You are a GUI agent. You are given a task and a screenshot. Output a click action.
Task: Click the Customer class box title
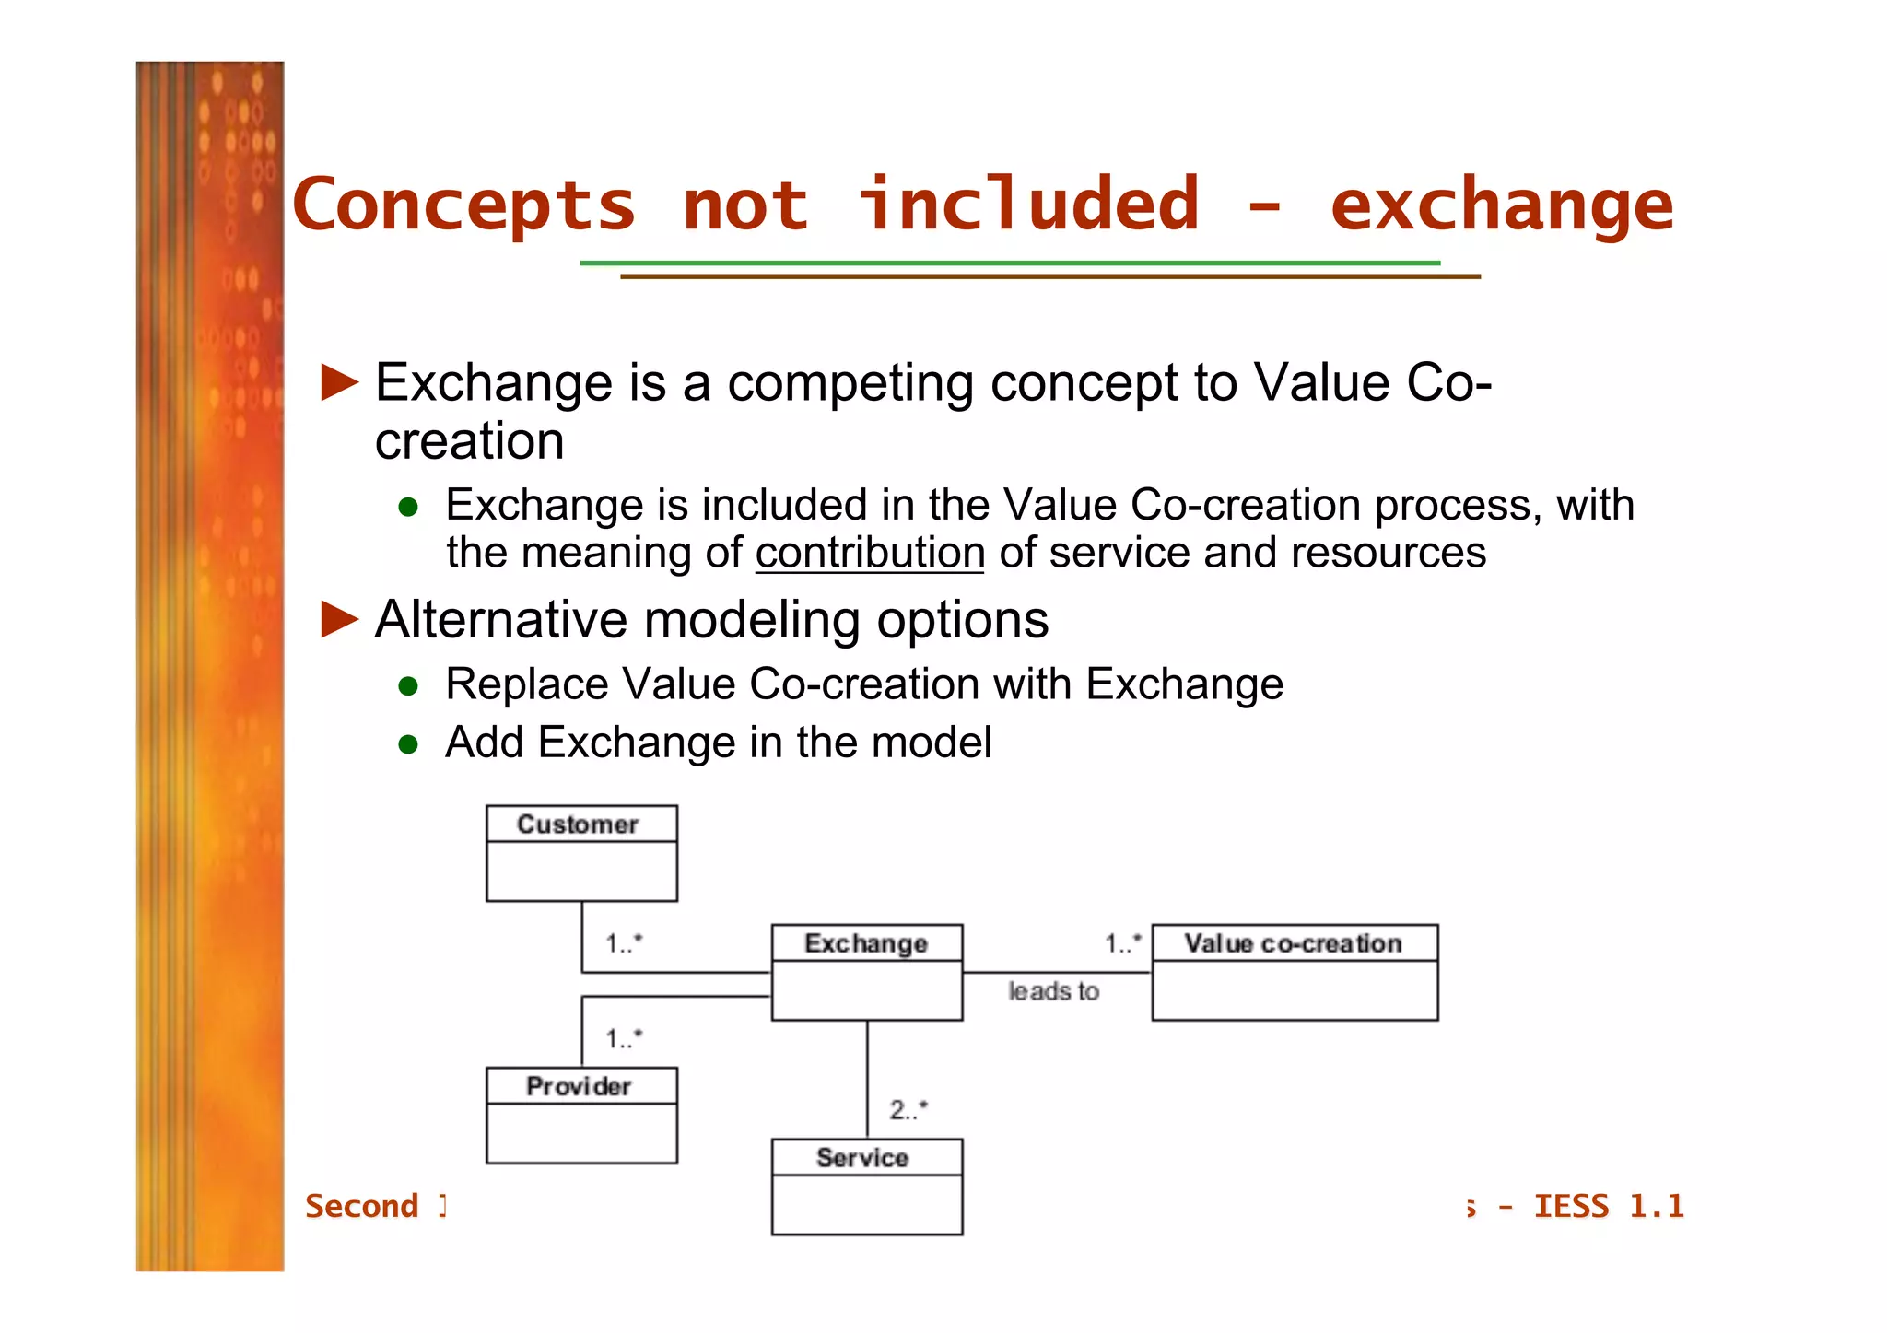pos(578,824)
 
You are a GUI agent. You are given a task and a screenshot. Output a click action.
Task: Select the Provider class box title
pos(579,1086)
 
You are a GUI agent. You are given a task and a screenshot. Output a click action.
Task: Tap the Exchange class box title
pos(866,943)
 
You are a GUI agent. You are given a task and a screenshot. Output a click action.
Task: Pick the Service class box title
pos(862,1158)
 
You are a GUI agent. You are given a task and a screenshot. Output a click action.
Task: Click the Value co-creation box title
pos(1293,943)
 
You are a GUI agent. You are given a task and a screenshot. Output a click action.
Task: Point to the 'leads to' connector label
pos(1053,991)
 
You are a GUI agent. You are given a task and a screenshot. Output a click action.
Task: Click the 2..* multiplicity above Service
pos(908,1109)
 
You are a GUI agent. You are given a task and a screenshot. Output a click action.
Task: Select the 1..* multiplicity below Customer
pos(624,943)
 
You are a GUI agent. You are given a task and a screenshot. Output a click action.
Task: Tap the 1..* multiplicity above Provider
pos(624,1039)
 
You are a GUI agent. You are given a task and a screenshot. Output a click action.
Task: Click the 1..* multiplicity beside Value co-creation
pos(1123,943)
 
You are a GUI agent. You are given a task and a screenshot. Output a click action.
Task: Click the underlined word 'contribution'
pos(870,553)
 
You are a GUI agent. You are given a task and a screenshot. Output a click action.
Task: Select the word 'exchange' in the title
pos(1501,205)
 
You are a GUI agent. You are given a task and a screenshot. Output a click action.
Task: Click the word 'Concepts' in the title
pos(464,205)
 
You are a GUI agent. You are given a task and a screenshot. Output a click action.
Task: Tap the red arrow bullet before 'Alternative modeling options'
pos(339,619)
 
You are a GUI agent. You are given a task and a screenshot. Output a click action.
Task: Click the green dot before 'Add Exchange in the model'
pos(409,743)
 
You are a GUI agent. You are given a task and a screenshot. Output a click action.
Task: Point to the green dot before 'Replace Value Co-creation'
pos(409,685)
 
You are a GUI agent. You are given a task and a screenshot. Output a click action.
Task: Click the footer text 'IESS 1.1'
pos(1609,1206)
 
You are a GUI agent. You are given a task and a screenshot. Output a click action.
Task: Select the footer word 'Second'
pos(362,1206)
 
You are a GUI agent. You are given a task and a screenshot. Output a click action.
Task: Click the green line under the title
pos(1009,263)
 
